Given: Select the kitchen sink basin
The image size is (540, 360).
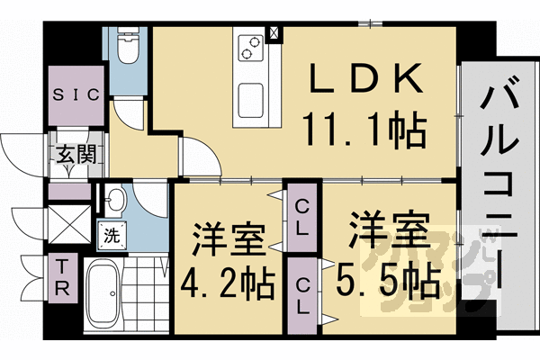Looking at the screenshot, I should coord(247,96).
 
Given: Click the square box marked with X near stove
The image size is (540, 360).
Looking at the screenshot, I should coord(274,38).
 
